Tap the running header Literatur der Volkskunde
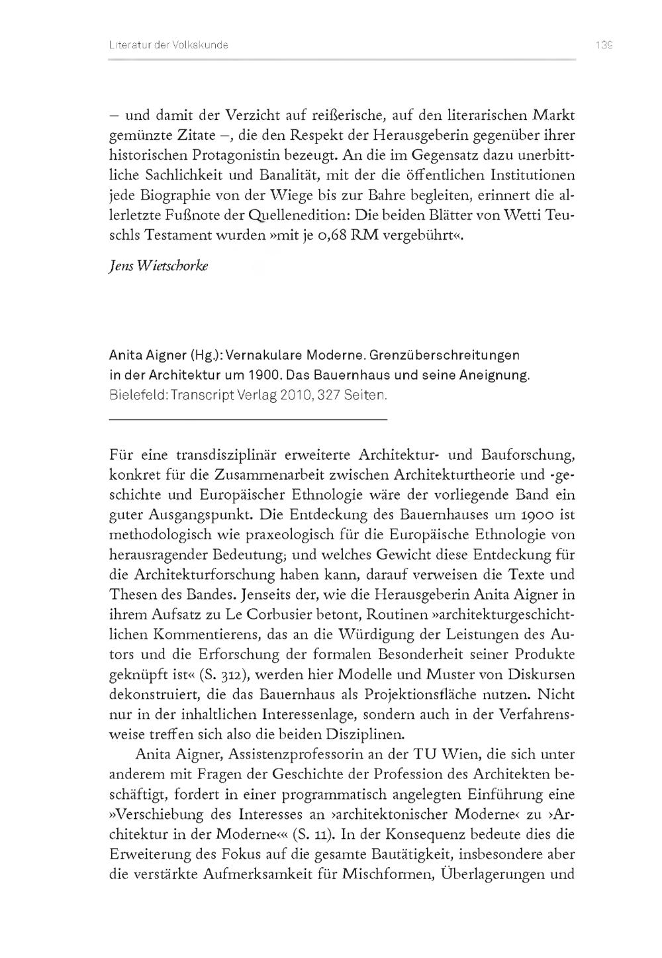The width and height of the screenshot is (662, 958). pos(168,45)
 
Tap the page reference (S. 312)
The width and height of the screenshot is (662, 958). pos(224,674)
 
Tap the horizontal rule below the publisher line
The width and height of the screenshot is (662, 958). pos(248,419)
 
